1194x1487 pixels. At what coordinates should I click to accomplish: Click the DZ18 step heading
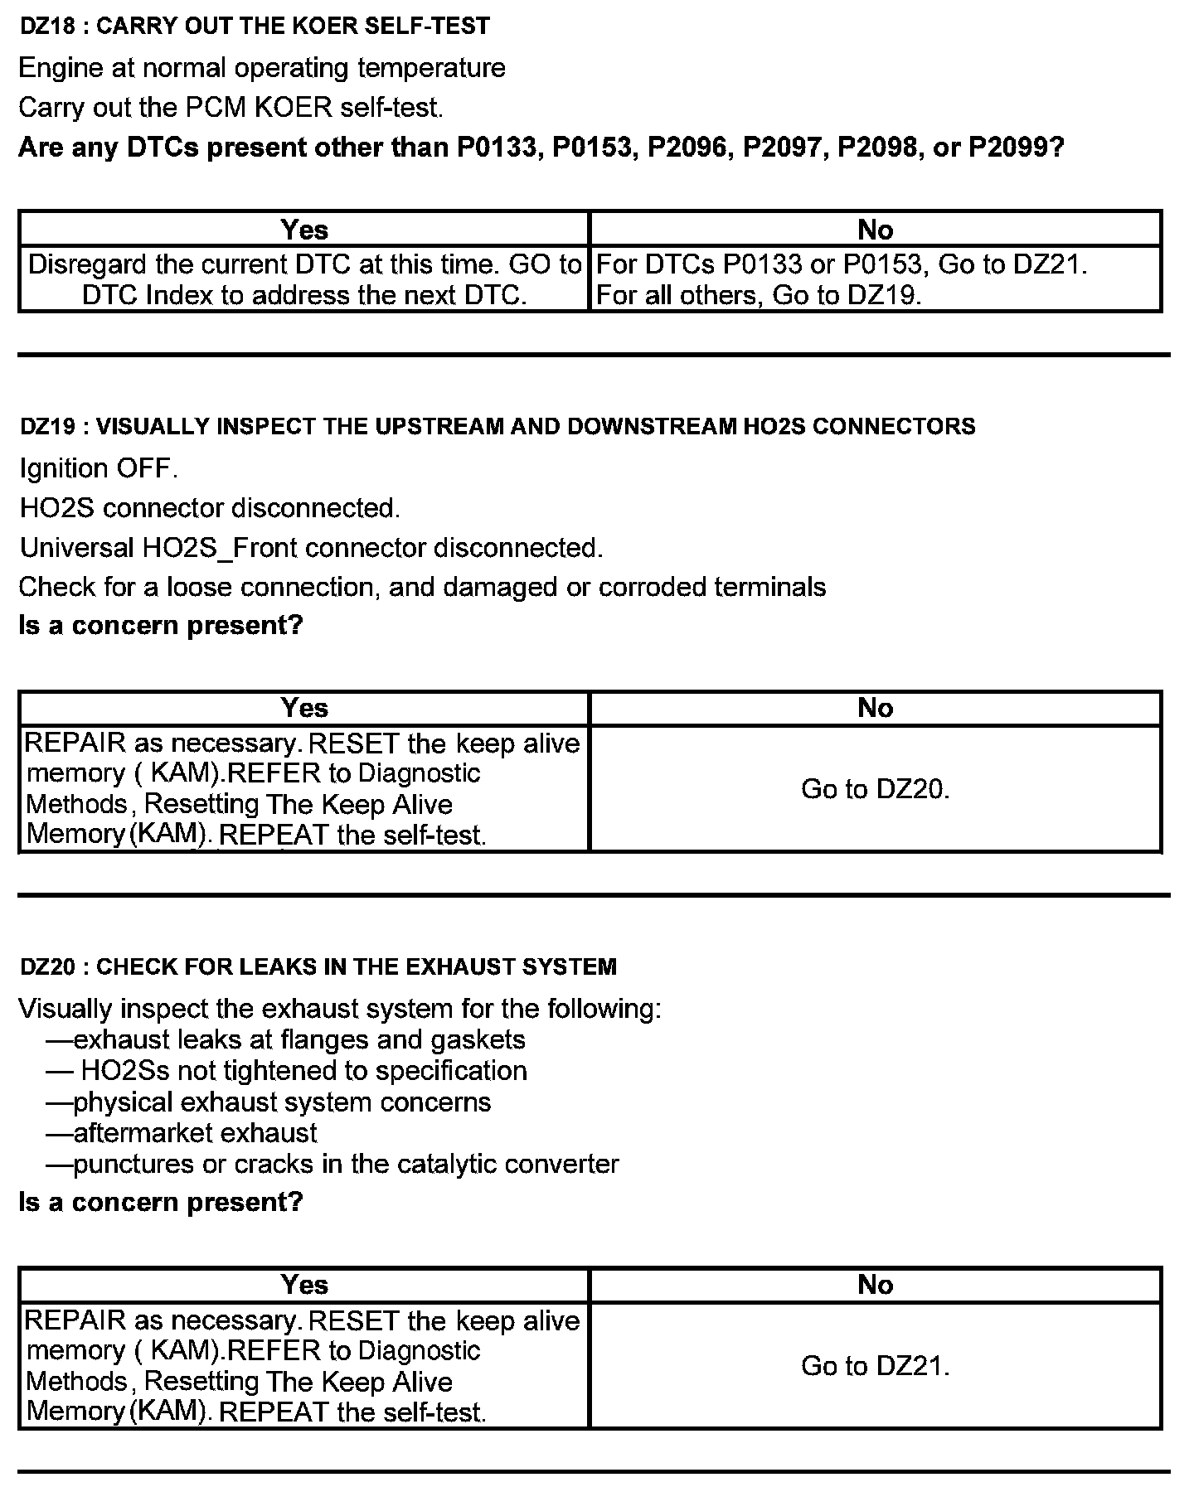pos(255,27)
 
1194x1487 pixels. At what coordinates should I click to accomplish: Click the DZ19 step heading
pos(498,427)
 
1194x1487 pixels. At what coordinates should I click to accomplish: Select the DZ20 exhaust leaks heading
pos(318,966)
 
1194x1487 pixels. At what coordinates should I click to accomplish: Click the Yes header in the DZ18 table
pos(304,229)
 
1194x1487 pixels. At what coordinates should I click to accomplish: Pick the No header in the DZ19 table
pos(876,708)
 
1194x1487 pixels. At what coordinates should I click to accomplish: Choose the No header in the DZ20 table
pos(876,1285)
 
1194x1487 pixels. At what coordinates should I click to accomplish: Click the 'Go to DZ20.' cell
pos(876,789)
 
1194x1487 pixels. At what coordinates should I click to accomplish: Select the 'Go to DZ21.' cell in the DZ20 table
pos(876,1366)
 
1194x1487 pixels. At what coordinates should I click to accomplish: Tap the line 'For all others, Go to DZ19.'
pos(760,296)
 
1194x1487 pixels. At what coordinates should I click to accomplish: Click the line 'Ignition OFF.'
pos(99,468)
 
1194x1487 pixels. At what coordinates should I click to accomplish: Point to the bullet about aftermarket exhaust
pos(182,1133)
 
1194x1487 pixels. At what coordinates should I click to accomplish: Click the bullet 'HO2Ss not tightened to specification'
pos(288,1071)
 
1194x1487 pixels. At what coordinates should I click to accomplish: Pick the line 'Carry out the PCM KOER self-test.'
pos(231,108)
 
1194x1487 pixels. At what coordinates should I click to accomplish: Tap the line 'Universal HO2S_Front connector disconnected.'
pos(311,548)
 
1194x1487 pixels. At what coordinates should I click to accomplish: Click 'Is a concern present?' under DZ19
pos(161,625)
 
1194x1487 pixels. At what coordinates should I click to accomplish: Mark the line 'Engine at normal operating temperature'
pos(262,68)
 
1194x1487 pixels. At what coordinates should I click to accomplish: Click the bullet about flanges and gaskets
pos(287,1040)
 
